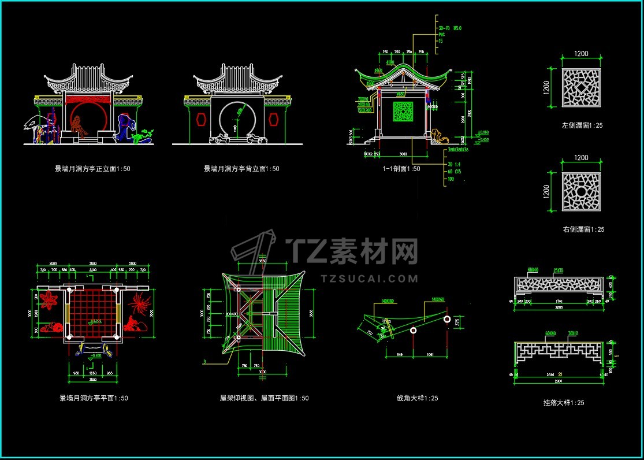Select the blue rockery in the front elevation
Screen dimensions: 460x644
[x=125, y=127]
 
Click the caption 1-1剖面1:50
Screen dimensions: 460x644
[x=401, y=169]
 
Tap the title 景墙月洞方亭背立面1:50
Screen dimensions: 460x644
[x=241, y=169]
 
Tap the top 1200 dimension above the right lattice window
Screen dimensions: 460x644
[x=581, y=158]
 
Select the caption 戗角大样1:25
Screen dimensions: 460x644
[x=417, y=398]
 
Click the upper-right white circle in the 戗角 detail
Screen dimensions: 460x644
[x=447, y=319]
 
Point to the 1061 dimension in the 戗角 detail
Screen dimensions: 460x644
[x=430, y=354]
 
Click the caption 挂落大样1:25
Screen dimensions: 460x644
[x=564, y=403]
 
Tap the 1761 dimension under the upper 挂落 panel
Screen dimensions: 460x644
[x=558, y=302]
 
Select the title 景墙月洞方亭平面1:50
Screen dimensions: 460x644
[x=94, y=398]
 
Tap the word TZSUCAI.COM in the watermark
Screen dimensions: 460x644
[x=369, y=279]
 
